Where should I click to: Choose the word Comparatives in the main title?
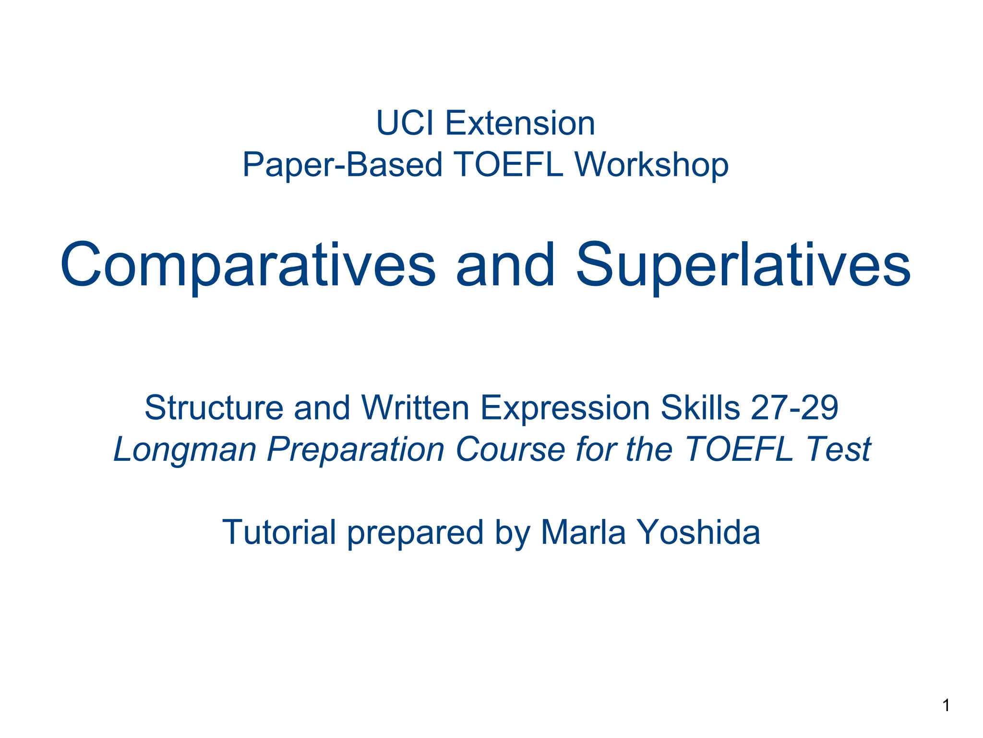tap(248, 265)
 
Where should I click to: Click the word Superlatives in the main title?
tap(743, 265)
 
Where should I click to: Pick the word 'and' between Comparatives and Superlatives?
tap(505, 265)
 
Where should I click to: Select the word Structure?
tap(214, 408)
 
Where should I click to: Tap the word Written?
tap(415, 408)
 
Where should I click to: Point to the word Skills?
tap(700, 408)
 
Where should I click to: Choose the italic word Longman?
tap(185, 450)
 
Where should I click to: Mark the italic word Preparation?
tap(356, 450)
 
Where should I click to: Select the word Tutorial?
tap(279, 533)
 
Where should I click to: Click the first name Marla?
tap(583, 533)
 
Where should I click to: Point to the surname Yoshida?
tap(699, 533)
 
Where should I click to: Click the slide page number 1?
tap(946, 705)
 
